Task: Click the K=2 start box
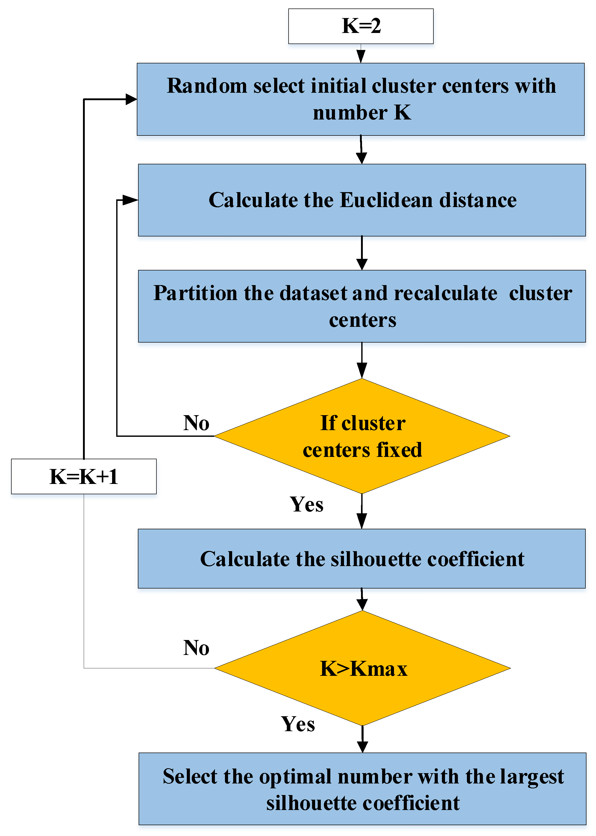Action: pos(361,26)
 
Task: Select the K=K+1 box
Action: pos(84,476)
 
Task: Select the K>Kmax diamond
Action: pos(363,668)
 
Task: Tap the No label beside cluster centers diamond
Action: pos(196,423)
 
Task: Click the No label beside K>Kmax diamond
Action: pos(196,647)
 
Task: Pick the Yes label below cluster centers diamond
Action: pos(306,504)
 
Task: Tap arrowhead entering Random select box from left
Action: pos(131,99)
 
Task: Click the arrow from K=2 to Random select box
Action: pos(361,54)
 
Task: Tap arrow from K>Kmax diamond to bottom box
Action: pos(362,739)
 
